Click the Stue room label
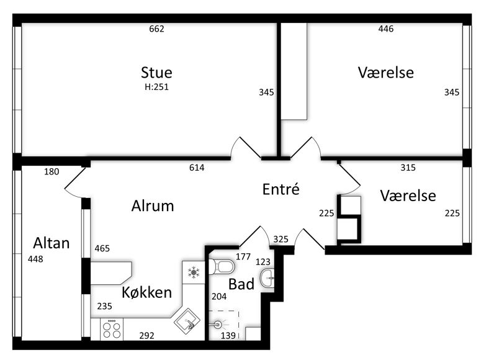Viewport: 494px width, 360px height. [x=156, y=73]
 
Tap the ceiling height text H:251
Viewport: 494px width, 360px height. [x=156, y=87]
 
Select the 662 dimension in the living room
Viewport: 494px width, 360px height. [x=156, y=29]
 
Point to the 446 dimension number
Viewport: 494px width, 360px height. [x=386, y=29]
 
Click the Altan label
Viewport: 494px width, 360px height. [x=52, y=243]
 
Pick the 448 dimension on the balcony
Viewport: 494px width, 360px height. [x=35, y=259]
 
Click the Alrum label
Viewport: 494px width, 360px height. [x=153, y=206]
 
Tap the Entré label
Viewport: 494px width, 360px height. [x=281, y=189]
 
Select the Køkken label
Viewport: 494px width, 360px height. [x=147, y=292]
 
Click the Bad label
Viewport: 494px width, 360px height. [x=241, y=284]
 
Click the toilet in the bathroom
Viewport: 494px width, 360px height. [x=222, y=267]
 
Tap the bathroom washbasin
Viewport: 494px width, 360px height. [x=267, y=278]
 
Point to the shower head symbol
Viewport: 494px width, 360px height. [x=217, y=324]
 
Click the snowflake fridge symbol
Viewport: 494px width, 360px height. [x=194, y=272]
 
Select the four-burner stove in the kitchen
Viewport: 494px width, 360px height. [x=112, y=329]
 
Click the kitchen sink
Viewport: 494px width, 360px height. [x=187, y=321]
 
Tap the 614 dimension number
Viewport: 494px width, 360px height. [x=197, y=168]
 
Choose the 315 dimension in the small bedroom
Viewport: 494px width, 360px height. [x=408, y=168]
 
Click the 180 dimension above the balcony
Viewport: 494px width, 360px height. [x=52, y=172]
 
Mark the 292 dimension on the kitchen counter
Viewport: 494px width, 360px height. [x=147, y=336]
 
